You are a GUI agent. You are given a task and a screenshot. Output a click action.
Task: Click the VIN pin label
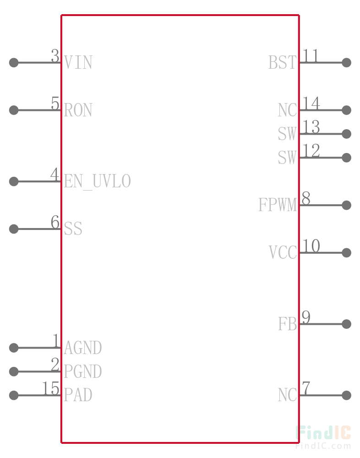[x=78, y=62]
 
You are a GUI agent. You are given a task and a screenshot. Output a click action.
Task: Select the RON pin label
[x=78, y=110]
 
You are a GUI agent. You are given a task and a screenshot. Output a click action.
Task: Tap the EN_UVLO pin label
[x=97, y=181]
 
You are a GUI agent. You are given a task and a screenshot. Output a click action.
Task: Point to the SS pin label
[x=73, y=229]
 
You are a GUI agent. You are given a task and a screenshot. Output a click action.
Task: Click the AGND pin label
[x=83, y=348]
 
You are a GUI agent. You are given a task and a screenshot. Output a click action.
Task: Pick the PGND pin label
[x=83, y=371]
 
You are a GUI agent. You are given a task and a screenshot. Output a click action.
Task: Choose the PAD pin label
[x=78, y=395]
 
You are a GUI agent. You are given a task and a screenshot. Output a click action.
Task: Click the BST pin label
[x=282, y=62]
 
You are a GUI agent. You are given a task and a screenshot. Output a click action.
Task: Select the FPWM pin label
[x=278, y=205]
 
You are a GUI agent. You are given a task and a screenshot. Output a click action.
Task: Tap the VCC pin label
[x=283, y=252]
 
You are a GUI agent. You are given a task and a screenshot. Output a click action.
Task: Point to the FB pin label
[x=287, y=324]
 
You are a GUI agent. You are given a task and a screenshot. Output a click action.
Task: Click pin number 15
[x=51, y=388]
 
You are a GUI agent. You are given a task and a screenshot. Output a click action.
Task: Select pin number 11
[x=310, y=55]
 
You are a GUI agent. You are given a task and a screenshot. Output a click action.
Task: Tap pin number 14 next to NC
[x=311, y=103]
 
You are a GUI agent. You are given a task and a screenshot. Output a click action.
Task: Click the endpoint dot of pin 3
[x=14, y=62]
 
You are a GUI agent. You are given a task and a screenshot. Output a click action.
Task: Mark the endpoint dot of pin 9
[x=346, y=324]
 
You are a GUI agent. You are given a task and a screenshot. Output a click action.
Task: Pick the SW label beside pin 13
[x=287, y=134]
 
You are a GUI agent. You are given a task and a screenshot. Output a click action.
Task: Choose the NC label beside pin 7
[x=287, y=395]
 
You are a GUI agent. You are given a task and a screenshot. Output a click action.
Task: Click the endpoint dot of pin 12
[x=346, y=158]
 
